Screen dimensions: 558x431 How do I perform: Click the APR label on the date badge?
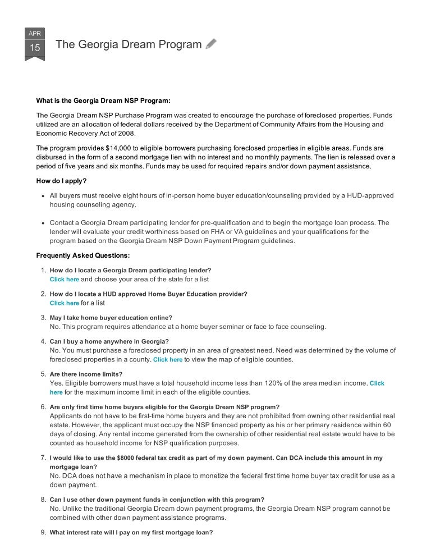pos(35,33)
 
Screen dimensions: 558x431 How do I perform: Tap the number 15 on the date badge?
pos(35,48)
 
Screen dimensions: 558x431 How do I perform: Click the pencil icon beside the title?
pos(211,44)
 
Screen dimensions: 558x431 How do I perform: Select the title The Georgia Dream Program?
pos(129,45)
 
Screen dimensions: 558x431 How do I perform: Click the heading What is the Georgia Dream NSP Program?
pos(103,101)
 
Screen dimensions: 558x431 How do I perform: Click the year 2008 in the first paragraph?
pos(127,134)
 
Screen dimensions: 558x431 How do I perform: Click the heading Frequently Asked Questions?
pos(83,255)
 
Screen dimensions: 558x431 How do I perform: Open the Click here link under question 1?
pos(64,279)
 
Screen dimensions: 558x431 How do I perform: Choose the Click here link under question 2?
pos(64,303)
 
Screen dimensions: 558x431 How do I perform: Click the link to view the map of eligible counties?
pos(168,360)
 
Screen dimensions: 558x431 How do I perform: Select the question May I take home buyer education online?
pos(111,317)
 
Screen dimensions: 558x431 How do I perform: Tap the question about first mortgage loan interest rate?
pos(131,532)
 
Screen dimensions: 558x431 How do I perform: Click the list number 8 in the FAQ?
pos(43,499)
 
